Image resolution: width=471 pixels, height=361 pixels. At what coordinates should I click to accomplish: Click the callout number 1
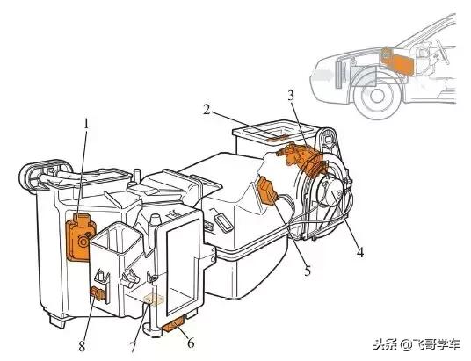click(x=86, y=124)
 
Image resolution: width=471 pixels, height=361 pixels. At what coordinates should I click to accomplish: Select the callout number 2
click(x=207, y=110)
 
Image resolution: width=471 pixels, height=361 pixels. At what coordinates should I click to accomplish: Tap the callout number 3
click(x=291, y=95)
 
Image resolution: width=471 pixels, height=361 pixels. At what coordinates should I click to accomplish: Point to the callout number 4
click(x=360, y=252)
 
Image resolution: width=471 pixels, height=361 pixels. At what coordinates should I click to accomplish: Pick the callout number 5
click(x=307, y=271)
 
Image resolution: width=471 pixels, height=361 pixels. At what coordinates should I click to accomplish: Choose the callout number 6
click(x=191, y=343)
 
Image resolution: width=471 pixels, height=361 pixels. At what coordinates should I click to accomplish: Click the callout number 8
click(x=82, y=346)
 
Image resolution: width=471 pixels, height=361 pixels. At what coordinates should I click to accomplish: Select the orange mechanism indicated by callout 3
click(x=302, y=159)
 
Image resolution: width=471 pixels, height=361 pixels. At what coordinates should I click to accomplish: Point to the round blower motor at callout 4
click(x=330, y=191)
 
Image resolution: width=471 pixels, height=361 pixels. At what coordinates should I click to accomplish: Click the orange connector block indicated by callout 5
click(x=268, y=191)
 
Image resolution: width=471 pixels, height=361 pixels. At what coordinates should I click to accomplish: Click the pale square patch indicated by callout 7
click(x=154, y=300)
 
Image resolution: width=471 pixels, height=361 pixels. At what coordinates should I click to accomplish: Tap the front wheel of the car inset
click(x=376, y=95)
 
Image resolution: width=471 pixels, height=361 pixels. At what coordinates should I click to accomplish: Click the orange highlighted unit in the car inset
click(x=398, y=61)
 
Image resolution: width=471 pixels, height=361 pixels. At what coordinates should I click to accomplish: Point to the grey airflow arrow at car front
click(x=322, y=75)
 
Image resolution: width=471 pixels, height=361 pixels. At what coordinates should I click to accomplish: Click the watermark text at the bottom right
click(x=417, y=344)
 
